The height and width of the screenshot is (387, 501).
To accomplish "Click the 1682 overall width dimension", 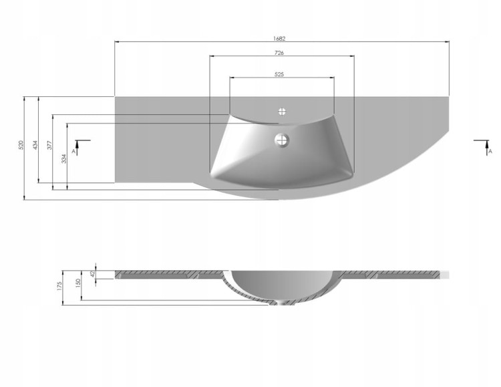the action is click(x=279, y=39).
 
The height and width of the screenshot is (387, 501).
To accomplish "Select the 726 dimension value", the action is click(x=279, y=53).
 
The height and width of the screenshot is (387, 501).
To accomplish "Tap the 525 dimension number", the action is click(x=279, y=74).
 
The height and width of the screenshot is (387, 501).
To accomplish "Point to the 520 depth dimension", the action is click(x=21, y=145).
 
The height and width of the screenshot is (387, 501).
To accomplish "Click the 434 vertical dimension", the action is click(x=35, y=145).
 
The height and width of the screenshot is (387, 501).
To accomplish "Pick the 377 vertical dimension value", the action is click(x=49, y=145).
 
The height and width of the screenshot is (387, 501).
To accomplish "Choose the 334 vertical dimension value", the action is click(x=64, y=158).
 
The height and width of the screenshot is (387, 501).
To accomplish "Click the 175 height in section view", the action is click(x=59, y=286).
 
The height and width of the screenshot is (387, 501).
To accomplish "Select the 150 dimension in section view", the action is click(x=78, y=283).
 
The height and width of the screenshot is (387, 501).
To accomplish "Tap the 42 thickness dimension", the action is click(x=93, y=274).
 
